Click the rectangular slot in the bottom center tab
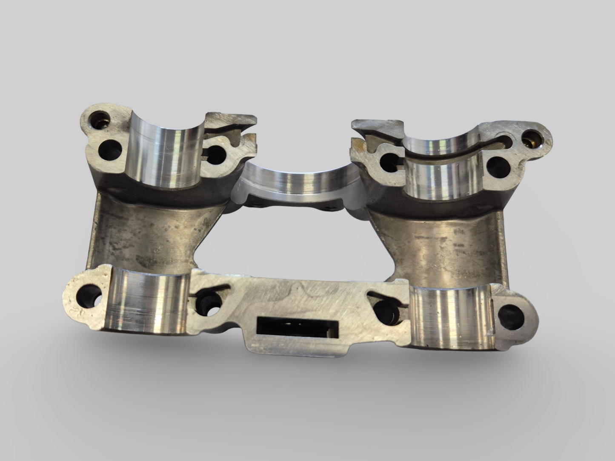point(298,328)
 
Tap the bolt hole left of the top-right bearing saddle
point(389,161)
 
